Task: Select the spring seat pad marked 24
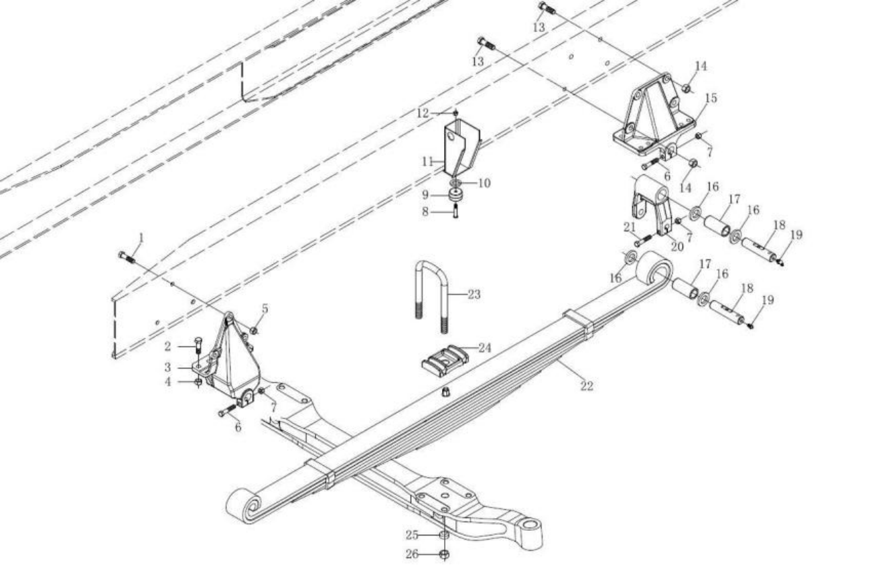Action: tap(445, 360)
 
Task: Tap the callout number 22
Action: tap(587, 386)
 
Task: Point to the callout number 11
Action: tap(427, 162)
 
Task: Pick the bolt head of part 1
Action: tap(123, 255)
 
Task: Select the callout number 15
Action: tap(711, 99)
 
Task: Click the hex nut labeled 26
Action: tap(445, 554)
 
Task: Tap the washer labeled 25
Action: tap(445, 535)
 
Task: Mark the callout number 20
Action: tap(677, 247)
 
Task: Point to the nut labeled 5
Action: tap(254, 330)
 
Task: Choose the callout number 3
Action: tap(167, 367)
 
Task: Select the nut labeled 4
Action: tap(198, 383)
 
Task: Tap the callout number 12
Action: tap(423, 113)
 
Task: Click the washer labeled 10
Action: tap(455, 182)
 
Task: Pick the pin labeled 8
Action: tap(455, 211)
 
